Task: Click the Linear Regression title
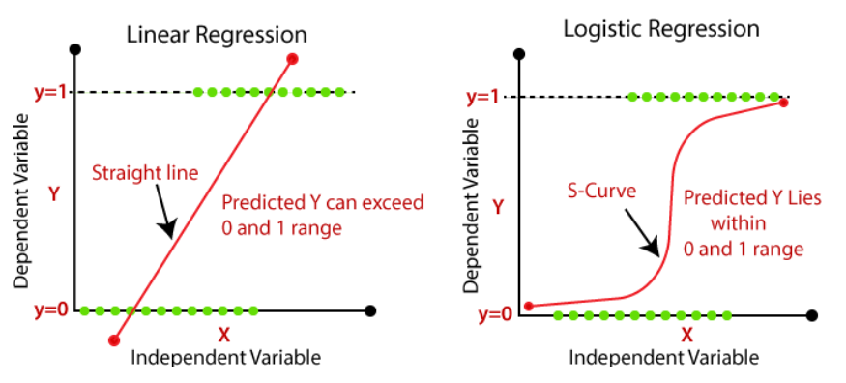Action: pyautogui.click(x=217, y=35)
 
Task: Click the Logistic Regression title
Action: pyautogui.click(x=661, y=28)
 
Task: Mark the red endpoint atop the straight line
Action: pyautogui.click(x=292, y=60)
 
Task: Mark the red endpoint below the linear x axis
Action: pyautogui.click(x=114, y=339)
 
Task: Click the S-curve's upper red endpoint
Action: pyautogui.click(x=783, y=103)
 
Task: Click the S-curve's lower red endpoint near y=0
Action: pyautogui.click(x=528, y=306)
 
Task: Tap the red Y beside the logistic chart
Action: pyautogui.click(x=497, y=207)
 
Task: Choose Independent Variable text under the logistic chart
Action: pyautogui.click(x=663, y=358)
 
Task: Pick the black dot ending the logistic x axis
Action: pyautogui.click(x=812, y=315)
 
